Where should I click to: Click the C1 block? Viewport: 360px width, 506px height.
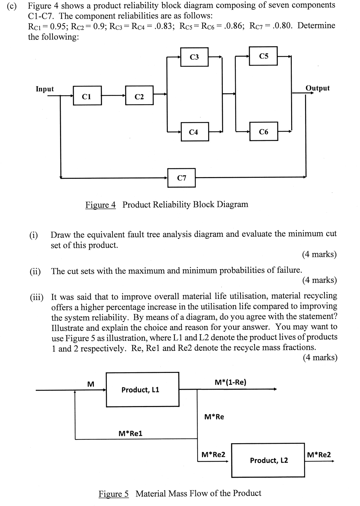[x=87, y=96]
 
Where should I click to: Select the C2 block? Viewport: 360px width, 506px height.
[x=139, y=96]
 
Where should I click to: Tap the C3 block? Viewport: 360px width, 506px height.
[x=194, y=57]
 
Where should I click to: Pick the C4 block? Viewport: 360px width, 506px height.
[x=193, y=132]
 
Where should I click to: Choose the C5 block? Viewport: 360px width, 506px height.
[x=264, y=56]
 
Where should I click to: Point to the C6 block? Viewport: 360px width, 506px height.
[x=264, y=131]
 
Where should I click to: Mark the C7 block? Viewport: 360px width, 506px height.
[x=182, y=177]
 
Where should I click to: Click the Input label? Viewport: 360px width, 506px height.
[x=45, y=89]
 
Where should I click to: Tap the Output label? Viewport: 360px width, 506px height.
[x=317, y=88]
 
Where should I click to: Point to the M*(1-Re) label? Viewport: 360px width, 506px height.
[x=231, y=382]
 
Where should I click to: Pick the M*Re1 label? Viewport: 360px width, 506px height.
[x=130, y=433]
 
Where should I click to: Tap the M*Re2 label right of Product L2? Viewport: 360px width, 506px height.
[x=319, y=454]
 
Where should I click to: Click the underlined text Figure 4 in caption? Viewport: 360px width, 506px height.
[x=100, y=205]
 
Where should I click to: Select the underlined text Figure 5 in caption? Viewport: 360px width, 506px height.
[x=114, y=494]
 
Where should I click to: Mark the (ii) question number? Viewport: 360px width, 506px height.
[x=35, y=272]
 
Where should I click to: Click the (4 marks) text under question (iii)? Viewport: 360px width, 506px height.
[x=320, y=357]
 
